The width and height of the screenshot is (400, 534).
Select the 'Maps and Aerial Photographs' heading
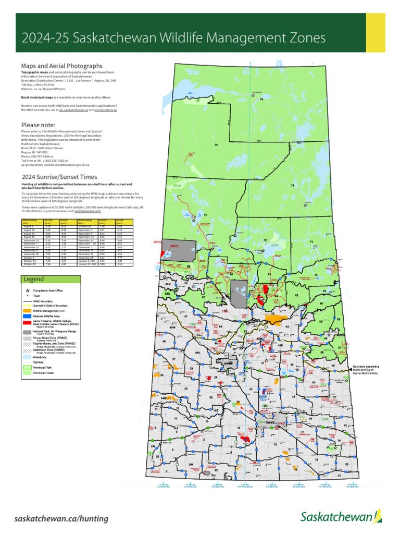61,66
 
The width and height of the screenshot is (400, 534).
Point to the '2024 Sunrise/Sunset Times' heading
59,177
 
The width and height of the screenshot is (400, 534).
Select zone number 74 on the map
293,186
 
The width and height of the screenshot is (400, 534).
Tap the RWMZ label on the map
269,422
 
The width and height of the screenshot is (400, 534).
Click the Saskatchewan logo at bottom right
341,517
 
